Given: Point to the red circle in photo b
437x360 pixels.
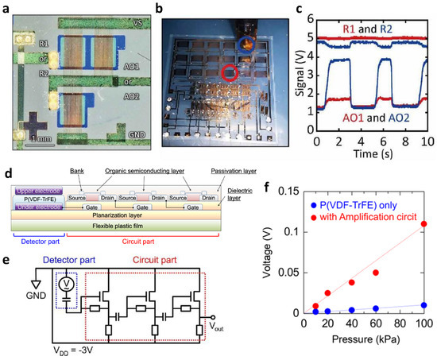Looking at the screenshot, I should (231, 75).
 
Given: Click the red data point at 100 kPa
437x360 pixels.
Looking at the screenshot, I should (423, 224).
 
